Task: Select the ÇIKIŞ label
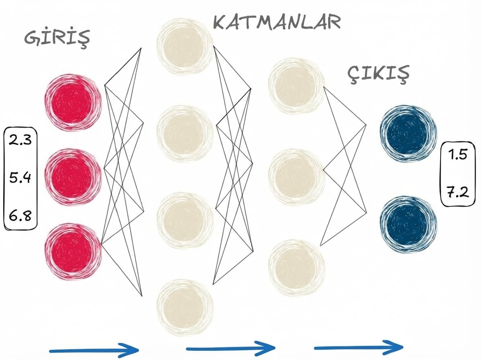point(378,74)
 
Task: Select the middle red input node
point(73,177)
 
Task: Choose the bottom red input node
point(73,251)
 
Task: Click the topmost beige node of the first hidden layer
point(185,46)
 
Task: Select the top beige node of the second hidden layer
point(296,85)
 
